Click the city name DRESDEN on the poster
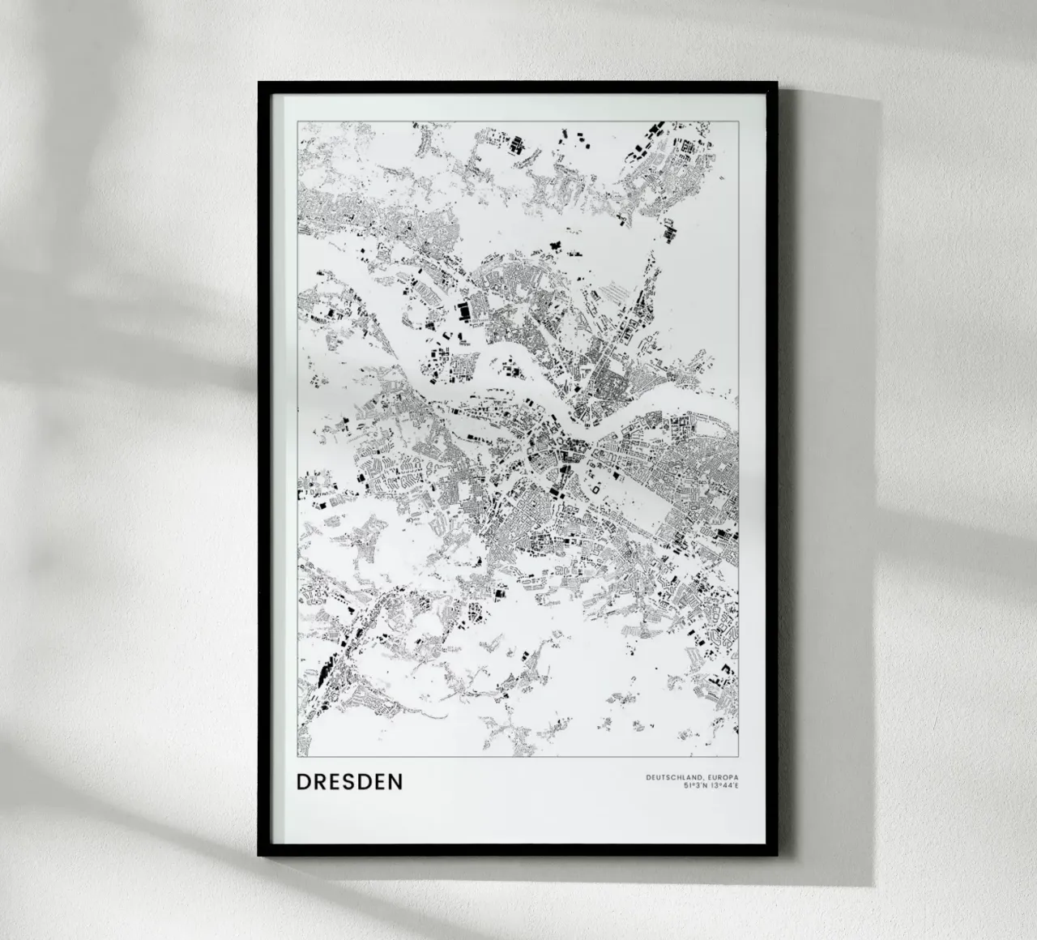(350, 782)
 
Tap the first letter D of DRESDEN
(303, 782)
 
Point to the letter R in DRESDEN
(320, 782)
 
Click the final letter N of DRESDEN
(396, 782)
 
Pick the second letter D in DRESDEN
(366, 782)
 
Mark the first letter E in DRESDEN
(336, 782)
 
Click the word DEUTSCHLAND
(672, 778)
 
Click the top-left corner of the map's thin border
(297, 122)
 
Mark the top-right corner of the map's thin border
(738, 122)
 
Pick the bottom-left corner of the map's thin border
(297, 756)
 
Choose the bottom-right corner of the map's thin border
(738, 756)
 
